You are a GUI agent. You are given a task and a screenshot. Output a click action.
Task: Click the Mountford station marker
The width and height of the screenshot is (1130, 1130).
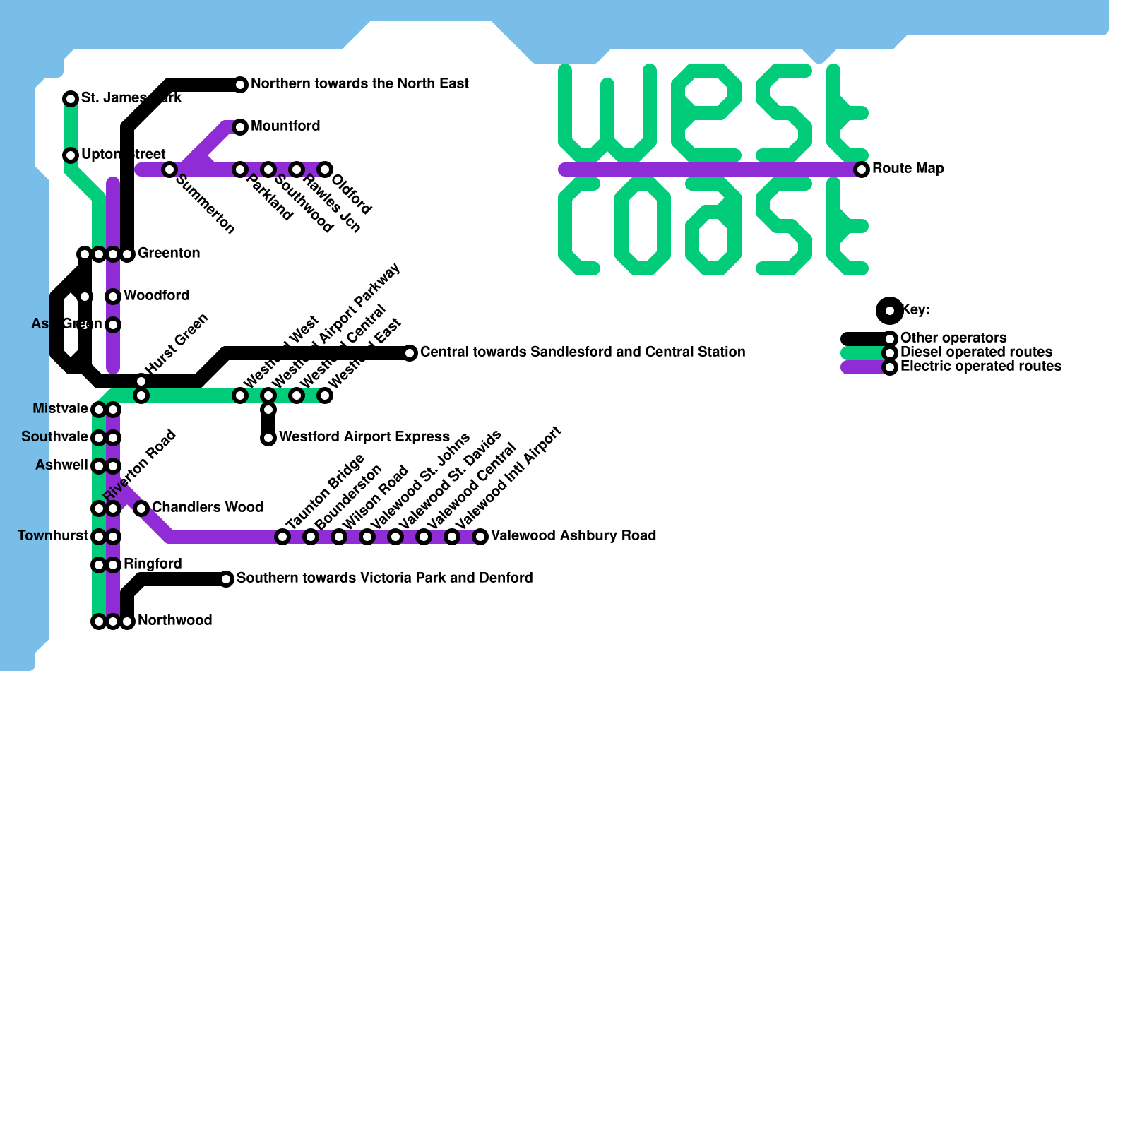tap(240, 127)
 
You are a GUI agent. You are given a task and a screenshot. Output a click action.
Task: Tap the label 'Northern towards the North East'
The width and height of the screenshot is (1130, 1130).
tap(359, 84)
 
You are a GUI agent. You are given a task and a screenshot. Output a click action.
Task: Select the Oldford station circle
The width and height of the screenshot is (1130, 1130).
tap(325, 169)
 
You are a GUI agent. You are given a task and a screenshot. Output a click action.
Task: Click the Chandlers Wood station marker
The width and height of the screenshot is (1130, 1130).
tap(141, 509)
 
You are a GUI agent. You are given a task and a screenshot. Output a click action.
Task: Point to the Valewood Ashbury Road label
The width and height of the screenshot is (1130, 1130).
tap(573, 536)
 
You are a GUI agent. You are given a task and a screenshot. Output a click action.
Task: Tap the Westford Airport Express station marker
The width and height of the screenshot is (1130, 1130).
tap(268, 438)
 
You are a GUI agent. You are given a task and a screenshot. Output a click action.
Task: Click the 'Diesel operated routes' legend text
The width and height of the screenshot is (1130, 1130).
tap(976, 352)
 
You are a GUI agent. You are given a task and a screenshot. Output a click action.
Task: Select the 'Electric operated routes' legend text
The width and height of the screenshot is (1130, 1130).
tap(981, 367)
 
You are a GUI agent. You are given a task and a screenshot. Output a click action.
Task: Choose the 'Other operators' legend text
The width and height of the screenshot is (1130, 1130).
tap(953, 338)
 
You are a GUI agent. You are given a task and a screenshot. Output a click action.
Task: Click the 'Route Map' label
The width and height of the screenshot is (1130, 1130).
tap(908, 169)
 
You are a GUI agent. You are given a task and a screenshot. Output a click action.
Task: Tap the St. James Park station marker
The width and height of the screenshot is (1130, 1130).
tap(71, 99)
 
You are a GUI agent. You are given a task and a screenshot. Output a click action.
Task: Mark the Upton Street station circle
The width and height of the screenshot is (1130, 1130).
tap(71, 155)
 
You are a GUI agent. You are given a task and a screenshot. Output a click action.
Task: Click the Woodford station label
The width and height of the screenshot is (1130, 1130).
tap(156, 296)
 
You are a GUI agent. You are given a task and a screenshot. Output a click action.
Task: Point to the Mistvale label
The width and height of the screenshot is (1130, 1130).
tap(60, 409)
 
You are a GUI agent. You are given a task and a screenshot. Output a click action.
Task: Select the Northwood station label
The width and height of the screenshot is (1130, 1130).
tap(174, 621)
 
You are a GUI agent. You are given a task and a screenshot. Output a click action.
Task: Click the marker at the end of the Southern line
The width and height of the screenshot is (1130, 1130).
tap(226, 579)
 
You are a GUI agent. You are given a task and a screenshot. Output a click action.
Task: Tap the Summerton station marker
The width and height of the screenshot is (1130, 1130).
tap(169, 169)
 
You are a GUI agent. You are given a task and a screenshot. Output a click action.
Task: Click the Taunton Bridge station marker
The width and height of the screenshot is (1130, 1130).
tap(282, 537)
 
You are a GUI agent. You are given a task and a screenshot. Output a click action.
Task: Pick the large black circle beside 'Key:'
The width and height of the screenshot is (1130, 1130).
tap(890, 311)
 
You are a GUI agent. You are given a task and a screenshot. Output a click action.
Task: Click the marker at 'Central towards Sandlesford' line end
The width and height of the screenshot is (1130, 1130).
tap(410, 353)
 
